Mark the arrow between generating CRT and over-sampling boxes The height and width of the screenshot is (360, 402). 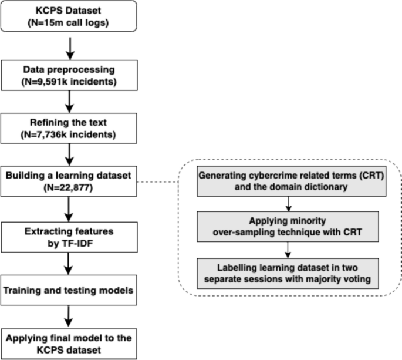pyautogui.click(x=289, y=202)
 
